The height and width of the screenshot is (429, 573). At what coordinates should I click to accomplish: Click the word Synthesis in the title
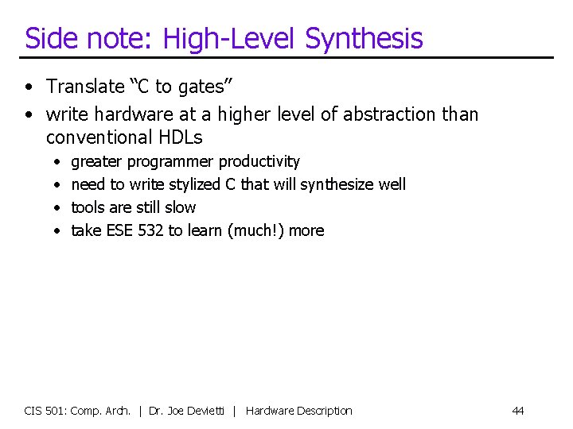click(364, 38)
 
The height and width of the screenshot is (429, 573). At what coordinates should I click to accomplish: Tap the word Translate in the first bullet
click(85, 87)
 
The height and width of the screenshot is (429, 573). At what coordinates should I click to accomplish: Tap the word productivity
click(259, 162)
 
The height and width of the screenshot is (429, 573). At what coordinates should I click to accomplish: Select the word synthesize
click(338, 185)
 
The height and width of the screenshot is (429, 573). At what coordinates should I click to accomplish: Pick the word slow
click(179, 207)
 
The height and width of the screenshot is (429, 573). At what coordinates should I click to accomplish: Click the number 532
click(150, 230)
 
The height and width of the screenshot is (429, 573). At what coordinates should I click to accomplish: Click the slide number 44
click(518, 411)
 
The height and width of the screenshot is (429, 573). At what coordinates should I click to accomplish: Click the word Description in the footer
click(322, 411)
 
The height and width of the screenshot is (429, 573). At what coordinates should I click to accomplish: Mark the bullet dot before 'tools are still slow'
click(58, 208)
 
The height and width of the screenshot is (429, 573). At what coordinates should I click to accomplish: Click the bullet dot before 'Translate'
click(29, 87)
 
